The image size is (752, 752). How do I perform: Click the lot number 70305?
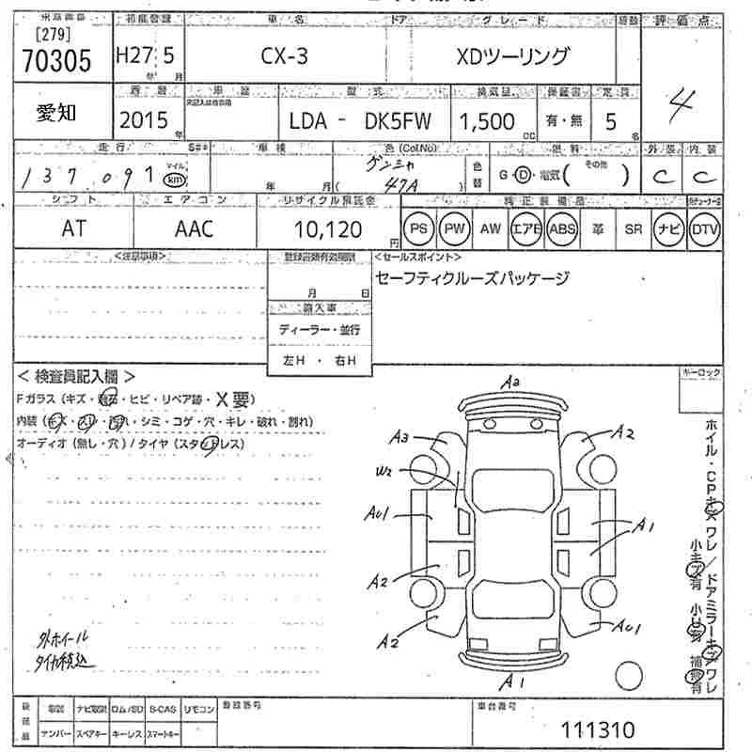click(56, 61)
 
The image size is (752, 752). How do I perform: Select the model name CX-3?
click(284, 56)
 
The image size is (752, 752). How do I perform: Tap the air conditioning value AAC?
click(195, 229)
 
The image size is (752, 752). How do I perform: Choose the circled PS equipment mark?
click(418, 229)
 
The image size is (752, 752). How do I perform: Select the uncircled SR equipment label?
click(633, 229)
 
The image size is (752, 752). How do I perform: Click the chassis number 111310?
click(597, 729)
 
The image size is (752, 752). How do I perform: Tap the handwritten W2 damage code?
click(384, 471)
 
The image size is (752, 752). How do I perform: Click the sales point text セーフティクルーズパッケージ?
click(471, 278)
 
